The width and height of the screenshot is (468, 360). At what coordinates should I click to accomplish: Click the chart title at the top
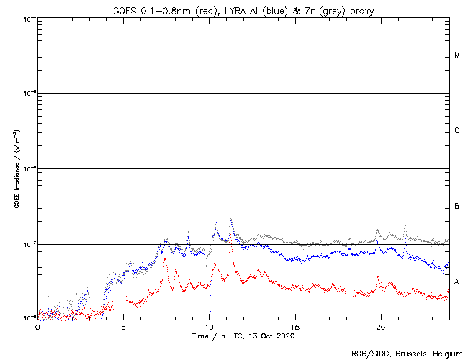[x=243, y=10]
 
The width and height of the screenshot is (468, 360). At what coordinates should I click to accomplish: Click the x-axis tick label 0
[x=37, y=326]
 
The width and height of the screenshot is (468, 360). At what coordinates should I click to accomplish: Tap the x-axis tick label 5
[x=123, y=326]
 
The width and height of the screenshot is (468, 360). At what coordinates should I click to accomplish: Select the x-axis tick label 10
[x=209, y=326]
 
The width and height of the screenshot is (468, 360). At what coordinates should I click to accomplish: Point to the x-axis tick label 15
[x=294, y=326]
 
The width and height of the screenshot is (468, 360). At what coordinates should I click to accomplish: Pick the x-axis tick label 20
[x=380, y=326]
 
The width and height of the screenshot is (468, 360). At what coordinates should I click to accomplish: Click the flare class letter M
[x=457, y=55]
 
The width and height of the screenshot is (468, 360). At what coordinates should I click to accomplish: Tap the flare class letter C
[x=457, y=131]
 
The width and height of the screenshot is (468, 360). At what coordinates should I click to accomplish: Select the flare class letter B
[x=457, y=207]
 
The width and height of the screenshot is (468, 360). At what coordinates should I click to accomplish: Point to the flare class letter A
[x=457, y=282]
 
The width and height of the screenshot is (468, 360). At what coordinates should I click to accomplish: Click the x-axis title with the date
[x=243, y=336]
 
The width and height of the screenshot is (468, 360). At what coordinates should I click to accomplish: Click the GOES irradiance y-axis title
[x=16, y=169]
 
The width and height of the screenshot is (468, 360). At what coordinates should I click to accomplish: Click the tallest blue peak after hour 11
[x=230, y=217]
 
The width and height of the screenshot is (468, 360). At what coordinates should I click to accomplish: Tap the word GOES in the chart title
[x=125, y=10]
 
